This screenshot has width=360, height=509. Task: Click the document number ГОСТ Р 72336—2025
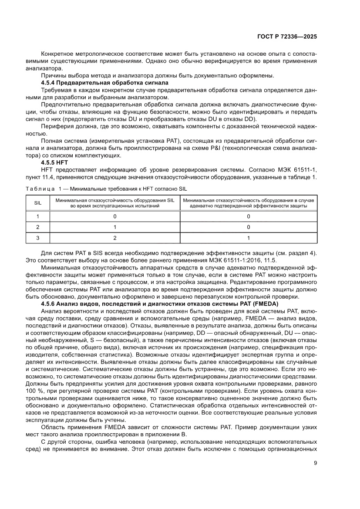tap(286, 37)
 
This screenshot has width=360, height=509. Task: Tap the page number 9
tap(315, 463)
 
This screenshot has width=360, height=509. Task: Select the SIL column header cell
tap(37, 202)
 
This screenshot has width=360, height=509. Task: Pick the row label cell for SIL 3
tap(37, 238)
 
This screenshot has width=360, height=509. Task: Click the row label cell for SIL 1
tap(37, 216)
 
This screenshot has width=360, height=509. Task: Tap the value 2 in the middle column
tap(115, 238)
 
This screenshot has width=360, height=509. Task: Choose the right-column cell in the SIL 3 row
tap(249, 238)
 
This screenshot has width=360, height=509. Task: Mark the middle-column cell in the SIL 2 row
tap(115, 227)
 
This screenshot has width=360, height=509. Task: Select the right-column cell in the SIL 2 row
tap(249, 227)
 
